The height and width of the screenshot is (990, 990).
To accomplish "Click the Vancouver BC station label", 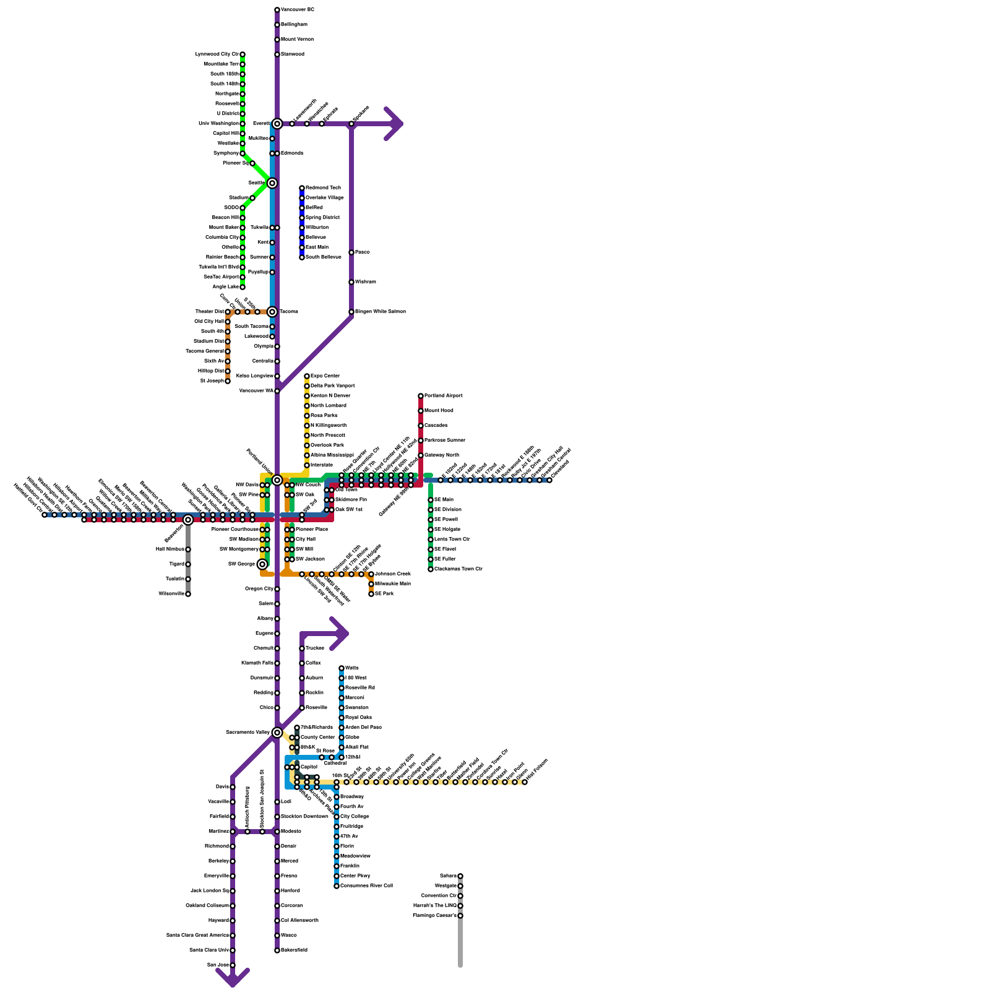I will [298, 10].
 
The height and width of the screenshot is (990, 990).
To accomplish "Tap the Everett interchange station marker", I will [277, 124].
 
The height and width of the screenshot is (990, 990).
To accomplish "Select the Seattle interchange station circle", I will [272, 183].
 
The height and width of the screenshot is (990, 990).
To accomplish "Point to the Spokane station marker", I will [351, 124].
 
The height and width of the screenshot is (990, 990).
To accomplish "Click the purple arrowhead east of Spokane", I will [396, 124].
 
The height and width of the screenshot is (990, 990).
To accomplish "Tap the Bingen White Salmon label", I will [380, 312].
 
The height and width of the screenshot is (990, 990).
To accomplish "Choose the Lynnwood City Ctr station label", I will [217, 54].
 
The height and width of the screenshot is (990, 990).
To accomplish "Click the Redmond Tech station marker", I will [302, 188].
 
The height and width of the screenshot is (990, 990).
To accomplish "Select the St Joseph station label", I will [212, 381].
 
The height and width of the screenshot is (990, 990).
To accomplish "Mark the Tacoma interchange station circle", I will [272, 312].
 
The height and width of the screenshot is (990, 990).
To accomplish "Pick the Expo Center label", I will [325, 376].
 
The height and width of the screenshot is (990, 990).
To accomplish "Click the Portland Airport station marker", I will [421, 396].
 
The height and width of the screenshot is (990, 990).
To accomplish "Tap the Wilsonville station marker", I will [188, 594].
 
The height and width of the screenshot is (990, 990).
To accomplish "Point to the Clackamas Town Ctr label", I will [458, 569].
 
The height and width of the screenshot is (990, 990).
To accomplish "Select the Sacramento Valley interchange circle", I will [277, 733].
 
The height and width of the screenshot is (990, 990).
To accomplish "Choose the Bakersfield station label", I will [294, 950].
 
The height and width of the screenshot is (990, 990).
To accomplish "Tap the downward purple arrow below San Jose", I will [233, 978].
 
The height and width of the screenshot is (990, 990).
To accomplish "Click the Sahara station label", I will [448, 876].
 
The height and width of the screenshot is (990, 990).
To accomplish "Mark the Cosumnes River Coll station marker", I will [337, 886].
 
